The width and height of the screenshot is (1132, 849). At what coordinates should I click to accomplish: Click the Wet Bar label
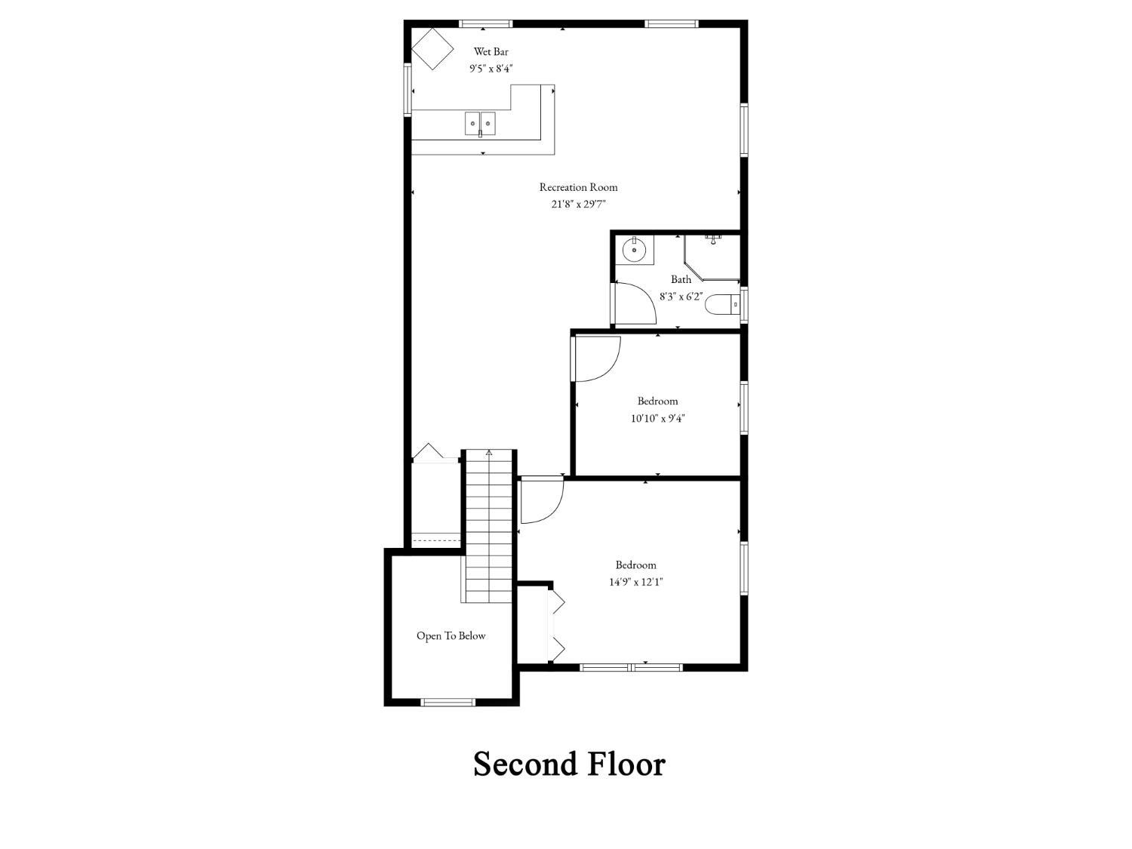(491, 51)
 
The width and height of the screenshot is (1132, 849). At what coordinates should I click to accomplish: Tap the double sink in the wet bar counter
(480, 123)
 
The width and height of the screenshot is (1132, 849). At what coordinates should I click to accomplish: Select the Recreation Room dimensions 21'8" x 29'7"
(578, 204)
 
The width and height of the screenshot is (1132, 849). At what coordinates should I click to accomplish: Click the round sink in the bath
(634, 249)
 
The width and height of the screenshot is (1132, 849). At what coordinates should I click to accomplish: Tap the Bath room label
(681, 279)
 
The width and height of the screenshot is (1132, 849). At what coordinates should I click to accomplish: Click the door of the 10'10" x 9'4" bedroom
(595, 358)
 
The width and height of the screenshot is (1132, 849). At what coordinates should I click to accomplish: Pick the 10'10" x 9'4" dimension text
(657, 418)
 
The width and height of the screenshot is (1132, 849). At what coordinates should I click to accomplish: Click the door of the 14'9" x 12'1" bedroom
(541, 500)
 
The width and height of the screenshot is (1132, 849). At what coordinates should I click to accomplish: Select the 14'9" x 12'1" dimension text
(635, 582)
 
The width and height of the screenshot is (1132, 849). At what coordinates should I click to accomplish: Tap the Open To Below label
(451, 635)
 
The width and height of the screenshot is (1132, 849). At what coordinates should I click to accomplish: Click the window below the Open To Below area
(448, 703)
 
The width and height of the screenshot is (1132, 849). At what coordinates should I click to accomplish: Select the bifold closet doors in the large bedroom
(557, 624)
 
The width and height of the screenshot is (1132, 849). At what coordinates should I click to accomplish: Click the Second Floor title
(569, 764)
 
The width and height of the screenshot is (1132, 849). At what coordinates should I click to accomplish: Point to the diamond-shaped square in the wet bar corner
(432, 49)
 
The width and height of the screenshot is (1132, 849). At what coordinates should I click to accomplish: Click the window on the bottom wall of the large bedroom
(631, 667)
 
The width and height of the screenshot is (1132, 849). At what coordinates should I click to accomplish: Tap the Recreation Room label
(578, 187)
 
